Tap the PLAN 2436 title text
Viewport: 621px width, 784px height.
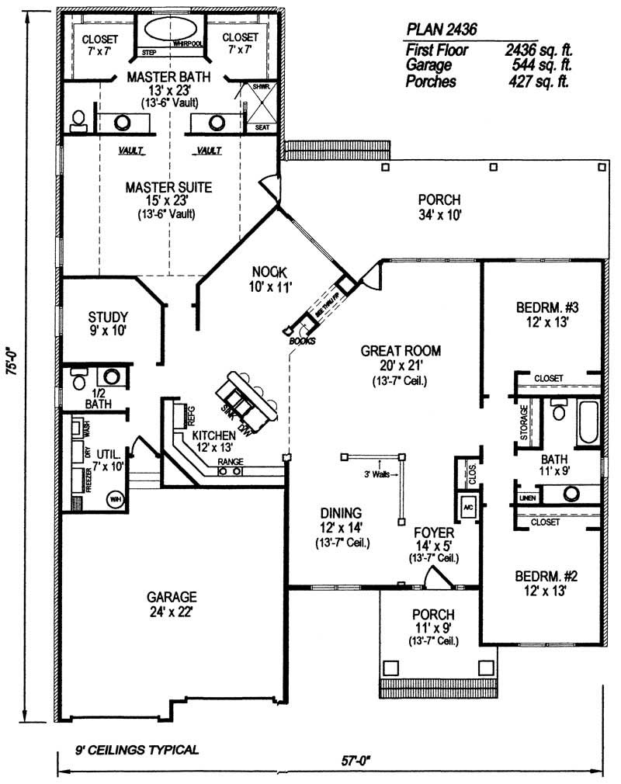(441, 29)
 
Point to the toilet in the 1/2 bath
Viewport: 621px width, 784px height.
(78, 380)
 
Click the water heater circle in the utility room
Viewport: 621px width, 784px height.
(116, 498)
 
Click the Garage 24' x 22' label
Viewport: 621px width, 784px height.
(172, 604)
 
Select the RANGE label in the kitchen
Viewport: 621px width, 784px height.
(230, 462)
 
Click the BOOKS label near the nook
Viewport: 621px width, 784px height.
(299, 341)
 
